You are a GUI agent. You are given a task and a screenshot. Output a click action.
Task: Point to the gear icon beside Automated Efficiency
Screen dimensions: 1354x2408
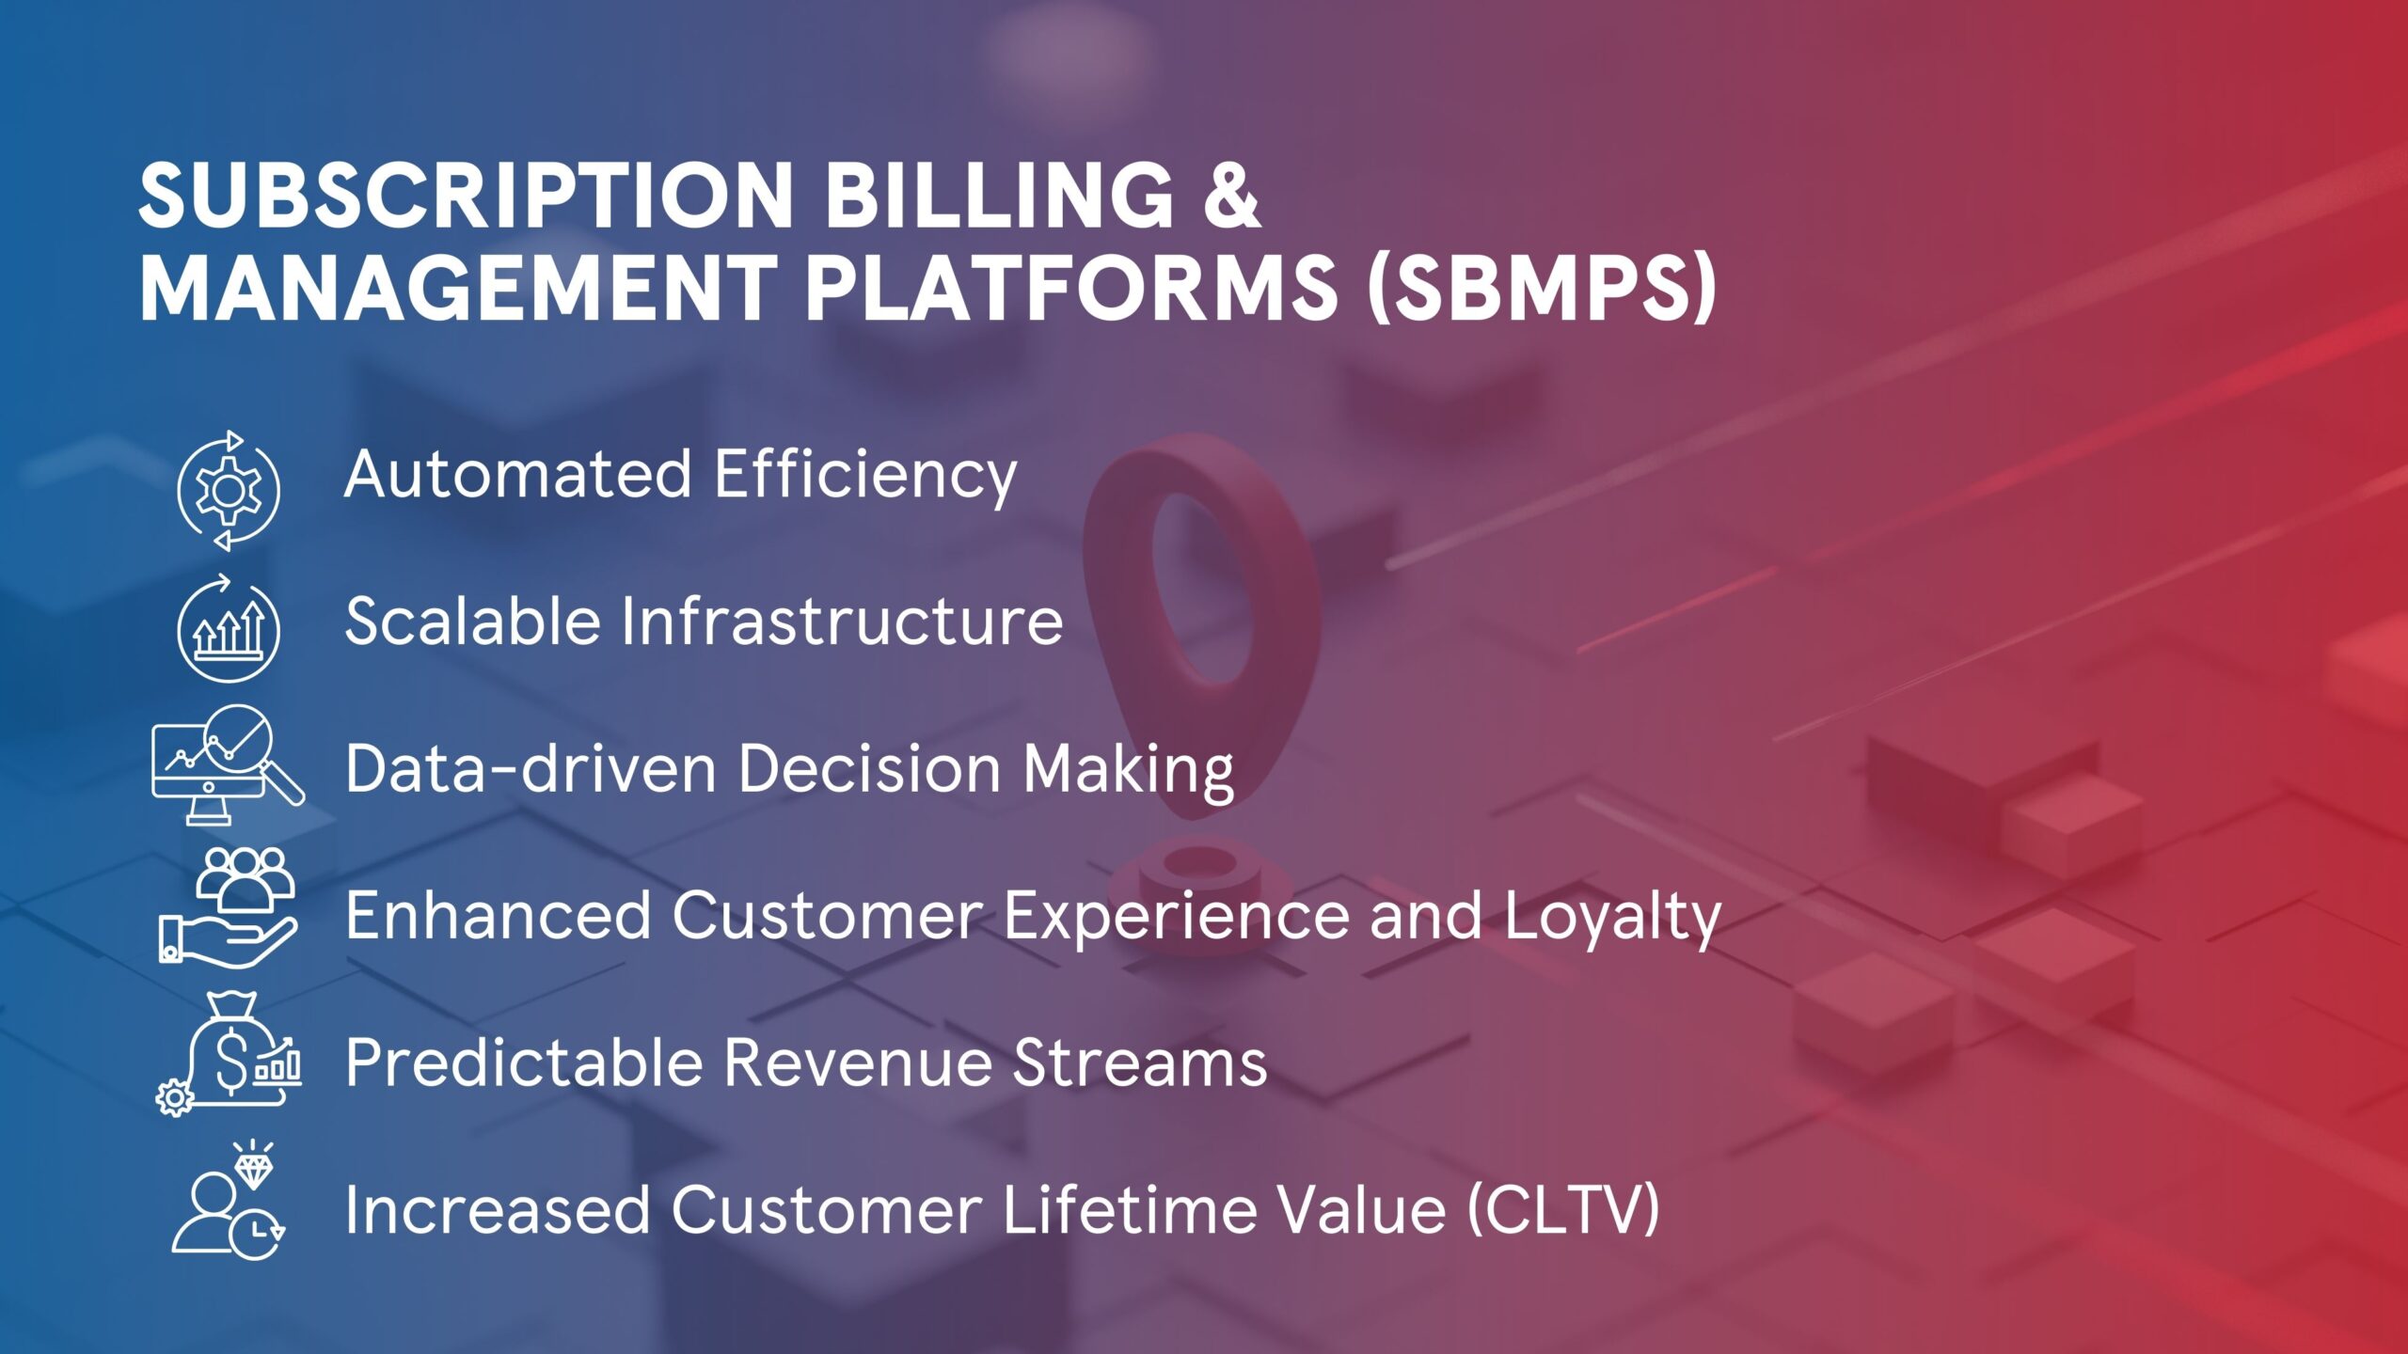click(228, 490)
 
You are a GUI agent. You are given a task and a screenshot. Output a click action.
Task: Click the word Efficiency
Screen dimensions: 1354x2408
click(865, 474)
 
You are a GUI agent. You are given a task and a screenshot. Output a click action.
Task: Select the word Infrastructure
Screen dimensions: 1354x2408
click(842, 622)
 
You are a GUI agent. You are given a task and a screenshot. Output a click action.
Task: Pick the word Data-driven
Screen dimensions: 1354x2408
click(531, 768)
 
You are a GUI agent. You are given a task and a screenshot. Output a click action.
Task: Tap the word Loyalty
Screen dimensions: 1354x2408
click(1612, 916)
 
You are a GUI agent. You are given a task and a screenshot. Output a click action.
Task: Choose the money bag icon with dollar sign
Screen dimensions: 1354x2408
click(230, 1053)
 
